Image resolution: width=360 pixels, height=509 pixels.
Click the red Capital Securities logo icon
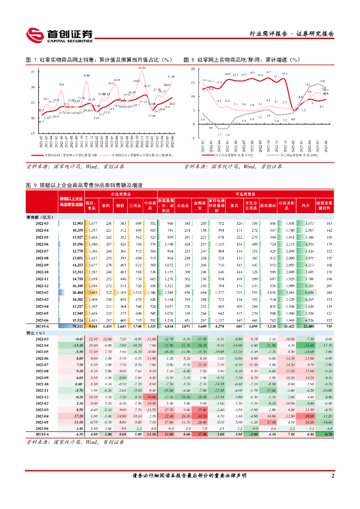(35, 34)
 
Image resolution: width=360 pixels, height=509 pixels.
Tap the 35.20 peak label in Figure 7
(142, 67)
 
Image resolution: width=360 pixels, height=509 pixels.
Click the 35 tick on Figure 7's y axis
(32, 72)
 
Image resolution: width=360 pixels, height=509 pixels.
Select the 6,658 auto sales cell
(308, 293)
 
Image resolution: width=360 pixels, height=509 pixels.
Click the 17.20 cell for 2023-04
(76, 416)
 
